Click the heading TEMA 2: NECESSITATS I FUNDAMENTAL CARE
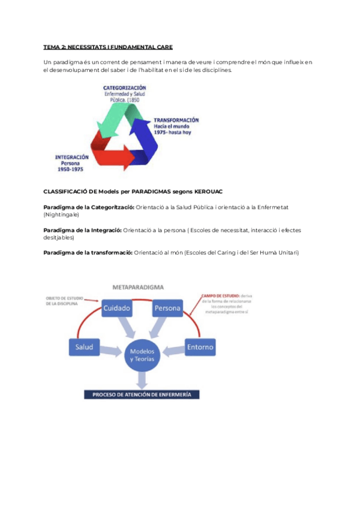[x=108, y=46]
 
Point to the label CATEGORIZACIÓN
[x=124, y=88]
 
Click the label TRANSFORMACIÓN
[x=176, y=120]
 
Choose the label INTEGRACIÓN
[x=72, y=157]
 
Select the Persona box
[x=167, y=308]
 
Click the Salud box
[x=85, y=347]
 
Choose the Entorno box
[x=200, y=347]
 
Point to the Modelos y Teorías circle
[x=142, y=355]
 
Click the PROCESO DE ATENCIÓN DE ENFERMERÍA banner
[x=142, y=394]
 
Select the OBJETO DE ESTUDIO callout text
[x=65, y=301]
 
